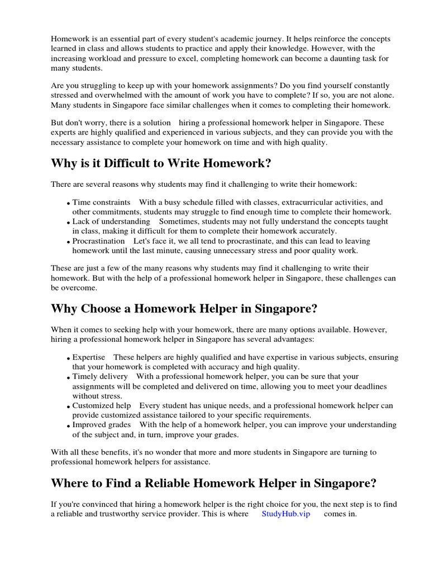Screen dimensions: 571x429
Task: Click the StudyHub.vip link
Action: (x=285, y=514)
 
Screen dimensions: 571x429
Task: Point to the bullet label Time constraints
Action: (x=101, y=202)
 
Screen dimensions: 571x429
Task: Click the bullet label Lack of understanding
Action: (x=111, y=221)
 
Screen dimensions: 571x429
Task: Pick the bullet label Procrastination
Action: (x=98, y=241)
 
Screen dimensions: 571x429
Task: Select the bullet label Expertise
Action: (x=89, y=357)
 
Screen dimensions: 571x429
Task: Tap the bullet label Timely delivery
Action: (x=100, y=376)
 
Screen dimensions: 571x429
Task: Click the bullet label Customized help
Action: (x=102, y=405)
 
